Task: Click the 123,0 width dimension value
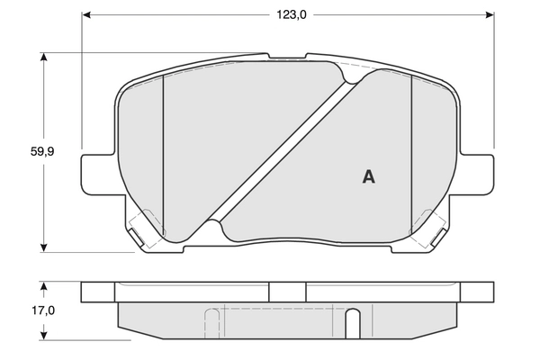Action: [x=288, y=14]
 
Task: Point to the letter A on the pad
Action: [x=368, y=176]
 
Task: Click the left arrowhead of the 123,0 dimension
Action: [x=86, y=14]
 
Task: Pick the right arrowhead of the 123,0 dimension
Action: [x=490, y=14]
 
